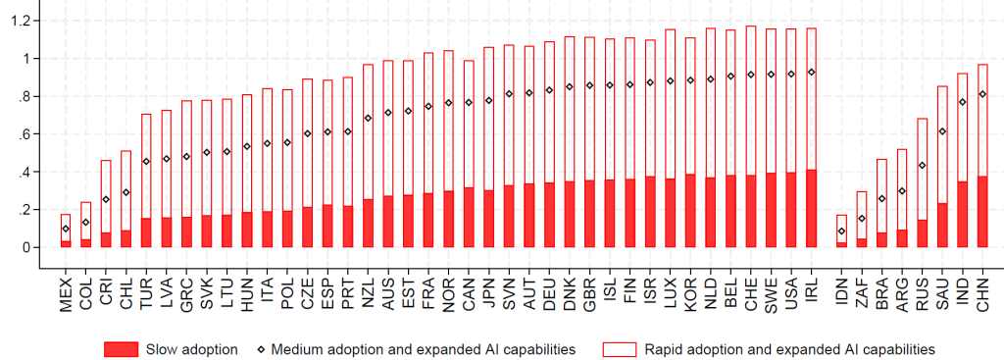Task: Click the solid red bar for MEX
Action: [x=66, y=244]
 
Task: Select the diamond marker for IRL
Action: [x=811, y=73]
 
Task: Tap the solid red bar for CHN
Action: [x=982, y=212]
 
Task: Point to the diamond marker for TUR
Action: [x=146, y=162]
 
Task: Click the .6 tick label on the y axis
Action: [x=24, y=134]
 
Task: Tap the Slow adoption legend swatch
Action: [x=121, y=350]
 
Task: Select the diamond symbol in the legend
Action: [x=261, y=350]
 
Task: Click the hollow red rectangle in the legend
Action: [x=620, y=350]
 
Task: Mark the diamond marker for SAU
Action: [x=942, y=131]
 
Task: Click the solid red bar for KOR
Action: [x=690, y=211]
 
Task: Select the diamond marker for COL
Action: [x=86, y=223]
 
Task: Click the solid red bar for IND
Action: [x=962, y=215]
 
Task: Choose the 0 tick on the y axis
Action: [x=25, y=248]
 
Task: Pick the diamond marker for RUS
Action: [x=922, y=166]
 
